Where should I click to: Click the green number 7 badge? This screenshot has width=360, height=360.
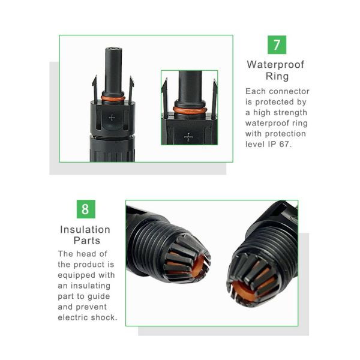277,45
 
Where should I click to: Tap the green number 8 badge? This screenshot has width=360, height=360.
86,209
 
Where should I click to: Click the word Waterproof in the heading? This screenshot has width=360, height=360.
275,65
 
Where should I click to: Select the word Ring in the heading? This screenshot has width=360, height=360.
277,76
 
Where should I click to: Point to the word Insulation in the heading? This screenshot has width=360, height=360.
85,230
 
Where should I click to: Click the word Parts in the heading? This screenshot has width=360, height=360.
87,241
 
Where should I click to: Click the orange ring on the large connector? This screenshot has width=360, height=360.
113,98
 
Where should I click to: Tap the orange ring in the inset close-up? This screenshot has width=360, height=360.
190,110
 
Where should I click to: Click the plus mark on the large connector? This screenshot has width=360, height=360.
112,118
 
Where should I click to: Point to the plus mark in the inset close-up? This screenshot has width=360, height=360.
188,137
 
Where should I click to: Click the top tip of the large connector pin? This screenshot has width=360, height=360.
113,48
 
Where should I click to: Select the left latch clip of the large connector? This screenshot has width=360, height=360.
95,89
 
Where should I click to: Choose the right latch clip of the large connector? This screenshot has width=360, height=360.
131,89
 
